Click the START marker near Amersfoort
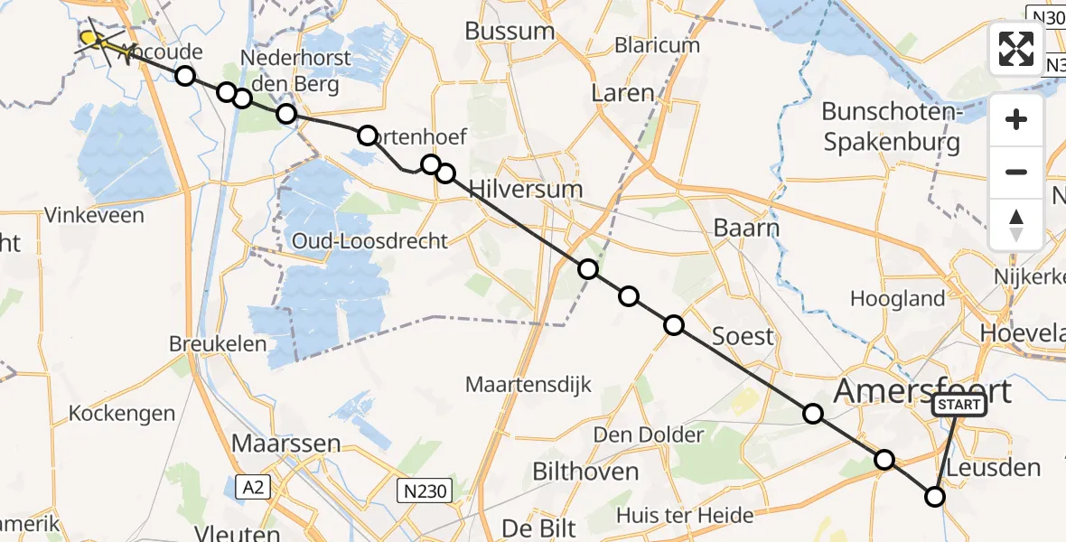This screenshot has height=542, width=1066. pos(959,406)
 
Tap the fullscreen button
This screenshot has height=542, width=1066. pos(1016,49)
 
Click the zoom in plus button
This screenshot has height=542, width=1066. pos(1016,119)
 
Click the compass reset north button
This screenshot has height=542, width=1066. pos(1016,224)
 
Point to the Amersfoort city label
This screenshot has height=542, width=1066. pos(922,392)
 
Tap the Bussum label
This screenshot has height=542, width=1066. pos(510,31)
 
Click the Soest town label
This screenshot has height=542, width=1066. pos(743,337)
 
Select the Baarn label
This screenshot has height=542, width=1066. pos(746,228)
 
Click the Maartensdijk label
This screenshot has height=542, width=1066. pos(528,385)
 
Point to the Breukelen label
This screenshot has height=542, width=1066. pos(218,344)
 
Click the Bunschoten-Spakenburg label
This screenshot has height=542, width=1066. pos(890,126)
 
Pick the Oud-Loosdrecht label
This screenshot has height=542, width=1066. pos(369,241)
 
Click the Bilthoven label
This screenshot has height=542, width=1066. pos(585,472)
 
